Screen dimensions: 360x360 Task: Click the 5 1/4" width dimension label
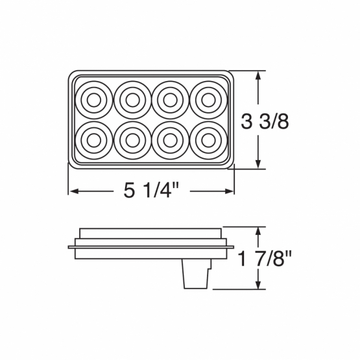(x=151, y=191)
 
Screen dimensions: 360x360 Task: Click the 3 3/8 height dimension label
(x=265, y=121)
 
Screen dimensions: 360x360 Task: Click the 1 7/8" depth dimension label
(x=265, y=259)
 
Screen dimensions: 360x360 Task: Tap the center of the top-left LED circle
(x=94, y=100)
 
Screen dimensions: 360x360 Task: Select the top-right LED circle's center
(x=208, y=100)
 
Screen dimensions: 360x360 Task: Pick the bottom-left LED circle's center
(x=94, y=140)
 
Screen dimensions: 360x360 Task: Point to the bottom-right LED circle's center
(x=208, y=140)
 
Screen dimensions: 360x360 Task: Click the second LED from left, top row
(x=132, y=100)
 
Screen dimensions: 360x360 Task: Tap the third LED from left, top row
(x=170, y=100)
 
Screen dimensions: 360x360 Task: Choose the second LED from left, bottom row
(x=132, y=140)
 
